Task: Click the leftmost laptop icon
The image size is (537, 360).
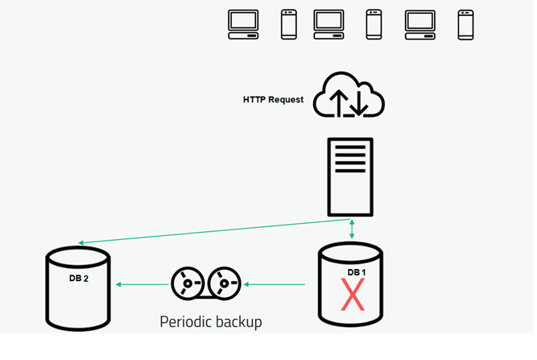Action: (x=244, y=24)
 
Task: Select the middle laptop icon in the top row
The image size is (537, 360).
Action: (x=328, y=24)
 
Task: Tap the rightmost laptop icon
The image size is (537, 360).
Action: (x=419, y=24)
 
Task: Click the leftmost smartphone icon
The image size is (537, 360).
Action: (x=289, y=24)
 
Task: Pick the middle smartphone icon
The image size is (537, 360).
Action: (x=374, y=24)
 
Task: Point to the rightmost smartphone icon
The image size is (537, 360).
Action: (x=465, y=24)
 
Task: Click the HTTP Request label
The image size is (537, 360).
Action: (x=274, y=100)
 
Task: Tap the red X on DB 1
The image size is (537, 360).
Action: (x=352, y=296)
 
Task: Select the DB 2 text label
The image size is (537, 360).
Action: (x=78, y=279)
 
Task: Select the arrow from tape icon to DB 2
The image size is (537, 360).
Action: (x=143, y=284)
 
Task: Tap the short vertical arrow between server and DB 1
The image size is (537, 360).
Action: (x=352, y=229)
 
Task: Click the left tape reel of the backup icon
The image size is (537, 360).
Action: (x=187, y=284)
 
